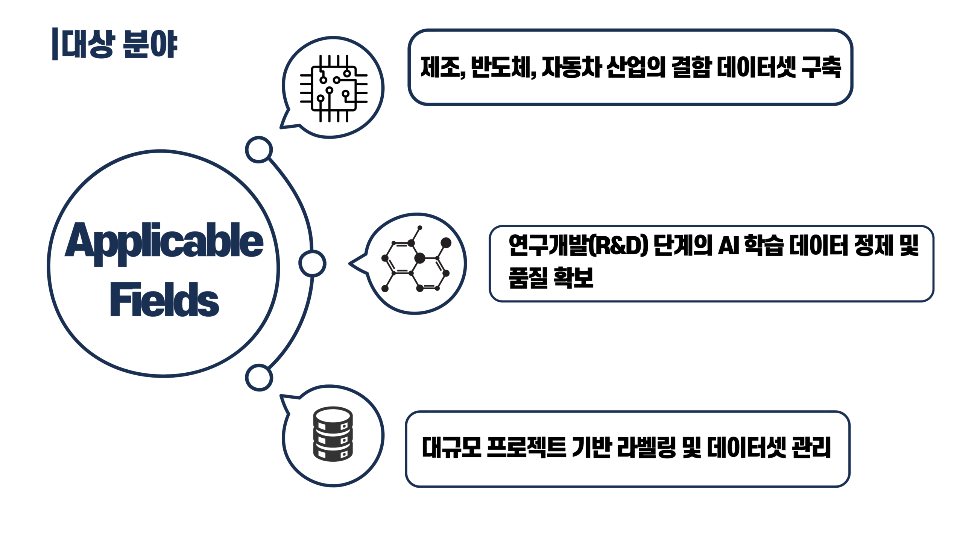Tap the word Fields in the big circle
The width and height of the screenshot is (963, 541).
point(164,299)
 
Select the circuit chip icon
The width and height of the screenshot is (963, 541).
point(333,88)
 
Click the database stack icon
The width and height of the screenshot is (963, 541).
point(333,434)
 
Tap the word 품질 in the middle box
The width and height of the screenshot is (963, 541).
point(528,278)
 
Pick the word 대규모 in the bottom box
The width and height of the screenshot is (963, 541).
point(451,447)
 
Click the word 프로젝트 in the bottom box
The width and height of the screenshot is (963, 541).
point(527,447)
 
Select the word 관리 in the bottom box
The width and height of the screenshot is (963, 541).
point(811,447)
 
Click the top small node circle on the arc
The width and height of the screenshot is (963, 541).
point(259,150)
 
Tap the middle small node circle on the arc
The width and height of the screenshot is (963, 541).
point(312,263)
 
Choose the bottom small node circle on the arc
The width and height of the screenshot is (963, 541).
point(259,378)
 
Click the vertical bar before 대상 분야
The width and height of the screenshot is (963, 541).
point(55,44)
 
